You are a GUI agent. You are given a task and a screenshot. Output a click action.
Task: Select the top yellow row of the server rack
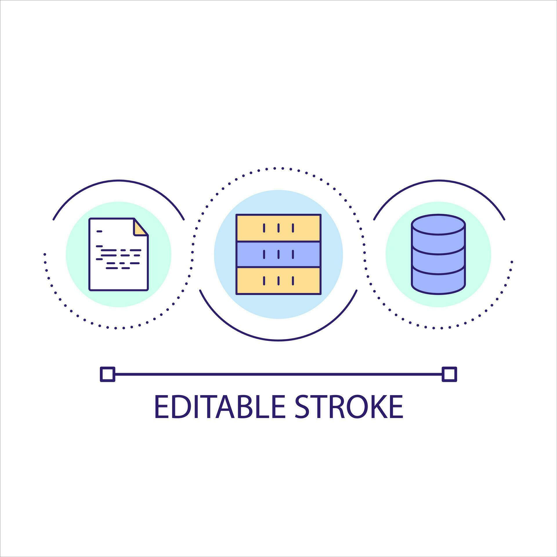[x=278, y=228]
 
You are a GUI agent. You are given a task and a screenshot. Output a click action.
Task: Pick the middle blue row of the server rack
[x=278, y=254]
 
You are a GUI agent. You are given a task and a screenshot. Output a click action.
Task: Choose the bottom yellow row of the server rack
[x=278, y=281]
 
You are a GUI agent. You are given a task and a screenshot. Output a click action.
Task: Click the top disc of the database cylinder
[x=438, y=224]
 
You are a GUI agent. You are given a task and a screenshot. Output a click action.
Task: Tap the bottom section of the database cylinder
[x=438, y=283]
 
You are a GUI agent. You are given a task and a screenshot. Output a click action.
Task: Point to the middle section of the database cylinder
[x=438, y=260]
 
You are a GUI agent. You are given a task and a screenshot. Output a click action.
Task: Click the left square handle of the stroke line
[x=107, y=374]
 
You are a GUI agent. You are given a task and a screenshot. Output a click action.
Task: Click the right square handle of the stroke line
[x=449, y=374]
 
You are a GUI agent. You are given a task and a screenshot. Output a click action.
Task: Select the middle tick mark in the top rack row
[x=278, y=228]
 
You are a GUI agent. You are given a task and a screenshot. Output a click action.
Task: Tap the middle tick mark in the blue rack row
[x=278, y=254]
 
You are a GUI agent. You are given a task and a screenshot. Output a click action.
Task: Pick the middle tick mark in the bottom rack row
[x=278, y=281]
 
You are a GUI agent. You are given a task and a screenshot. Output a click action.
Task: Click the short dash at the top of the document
[x=100, y=232]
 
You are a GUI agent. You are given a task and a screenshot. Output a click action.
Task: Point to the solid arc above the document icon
[x=118, y=180]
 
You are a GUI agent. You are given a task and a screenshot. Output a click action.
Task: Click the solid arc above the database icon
[x=439, y=180]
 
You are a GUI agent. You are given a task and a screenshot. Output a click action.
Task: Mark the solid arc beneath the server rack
[x=278, y=340]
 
